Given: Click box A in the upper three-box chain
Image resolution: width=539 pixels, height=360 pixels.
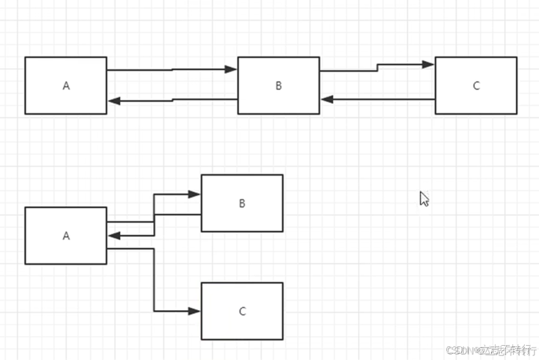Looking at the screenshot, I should (x=66, y=85).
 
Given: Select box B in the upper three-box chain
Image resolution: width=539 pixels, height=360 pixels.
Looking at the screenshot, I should (x=278, y=85).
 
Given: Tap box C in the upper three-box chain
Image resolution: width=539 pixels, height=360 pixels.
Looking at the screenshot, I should (x=475, y=85).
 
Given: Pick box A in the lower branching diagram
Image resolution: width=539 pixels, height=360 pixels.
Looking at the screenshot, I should (x=66, y=235).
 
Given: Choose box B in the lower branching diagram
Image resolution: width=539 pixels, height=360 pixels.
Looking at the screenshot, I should (x=242, y=203).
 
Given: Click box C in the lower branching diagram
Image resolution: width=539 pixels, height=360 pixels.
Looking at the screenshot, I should (x=242, y=311).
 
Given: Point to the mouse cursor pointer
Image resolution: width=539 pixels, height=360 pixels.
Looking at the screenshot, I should (x=424, y=198).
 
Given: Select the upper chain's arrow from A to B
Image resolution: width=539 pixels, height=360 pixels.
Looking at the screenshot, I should (x=172, y=69).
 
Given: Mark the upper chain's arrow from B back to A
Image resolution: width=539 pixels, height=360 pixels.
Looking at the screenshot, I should (x=172, y=101).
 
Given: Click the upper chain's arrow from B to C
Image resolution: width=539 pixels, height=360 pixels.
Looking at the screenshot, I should (x=377, y=67).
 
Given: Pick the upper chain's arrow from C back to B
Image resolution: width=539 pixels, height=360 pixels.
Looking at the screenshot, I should (x=377, y=99).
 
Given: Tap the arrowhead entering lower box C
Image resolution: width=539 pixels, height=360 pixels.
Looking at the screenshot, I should (x=195, y=311).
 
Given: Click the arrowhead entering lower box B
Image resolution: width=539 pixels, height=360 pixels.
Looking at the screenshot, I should (x=195, y=194).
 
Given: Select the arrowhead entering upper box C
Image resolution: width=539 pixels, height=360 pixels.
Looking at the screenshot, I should (x=428, y=64).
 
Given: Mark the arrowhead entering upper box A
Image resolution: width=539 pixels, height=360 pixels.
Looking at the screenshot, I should (x=114, y=101).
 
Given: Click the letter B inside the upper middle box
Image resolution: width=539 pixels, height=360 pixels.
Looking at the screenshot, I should (x=278, y=86).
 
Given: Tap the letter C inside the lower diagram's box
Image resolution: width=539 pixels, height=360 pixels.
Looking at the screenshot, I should (x=242, y=311).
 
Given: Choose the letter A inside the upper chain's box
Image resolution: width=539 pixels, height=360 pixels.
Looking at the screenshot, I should (x=66, y=86).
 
